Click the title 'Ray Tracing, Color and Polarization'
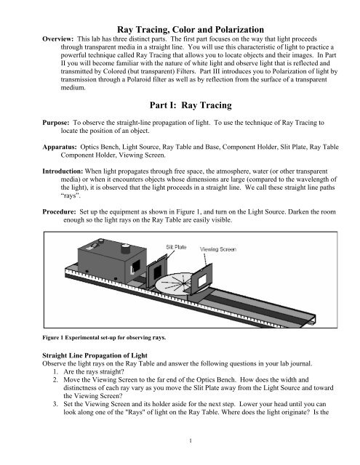pos(191,29)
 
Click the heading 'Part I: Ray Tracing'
pos(191,105)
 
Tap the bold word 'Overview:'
pos(58,39)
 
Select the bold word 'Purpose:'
pos(56,123)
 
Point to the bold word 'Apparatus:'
pos(60,147)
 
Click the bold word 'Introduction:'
pos(63,171)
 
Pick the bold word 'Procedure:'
pos(59,211)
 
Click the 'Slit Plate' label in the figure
pos(176,247)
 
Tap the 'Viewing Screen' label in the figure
pos(218,249)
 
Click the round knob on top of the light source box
pos(126,248)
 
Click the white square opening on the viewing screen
pos(202,279)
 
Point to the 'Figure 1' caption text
pos(104,337)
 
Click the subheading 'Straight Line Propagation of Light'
pos(95,355)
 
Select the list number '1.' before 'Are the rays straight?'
pos(55,371)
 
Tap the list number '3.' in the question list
pos(55,404)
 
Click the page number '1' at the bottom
pos(191,441)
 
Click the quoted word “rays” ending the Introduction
pos(71,195)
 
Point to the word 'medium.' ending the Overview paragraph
pos(73,87)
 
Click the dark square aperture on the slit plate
pos(157,270)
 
